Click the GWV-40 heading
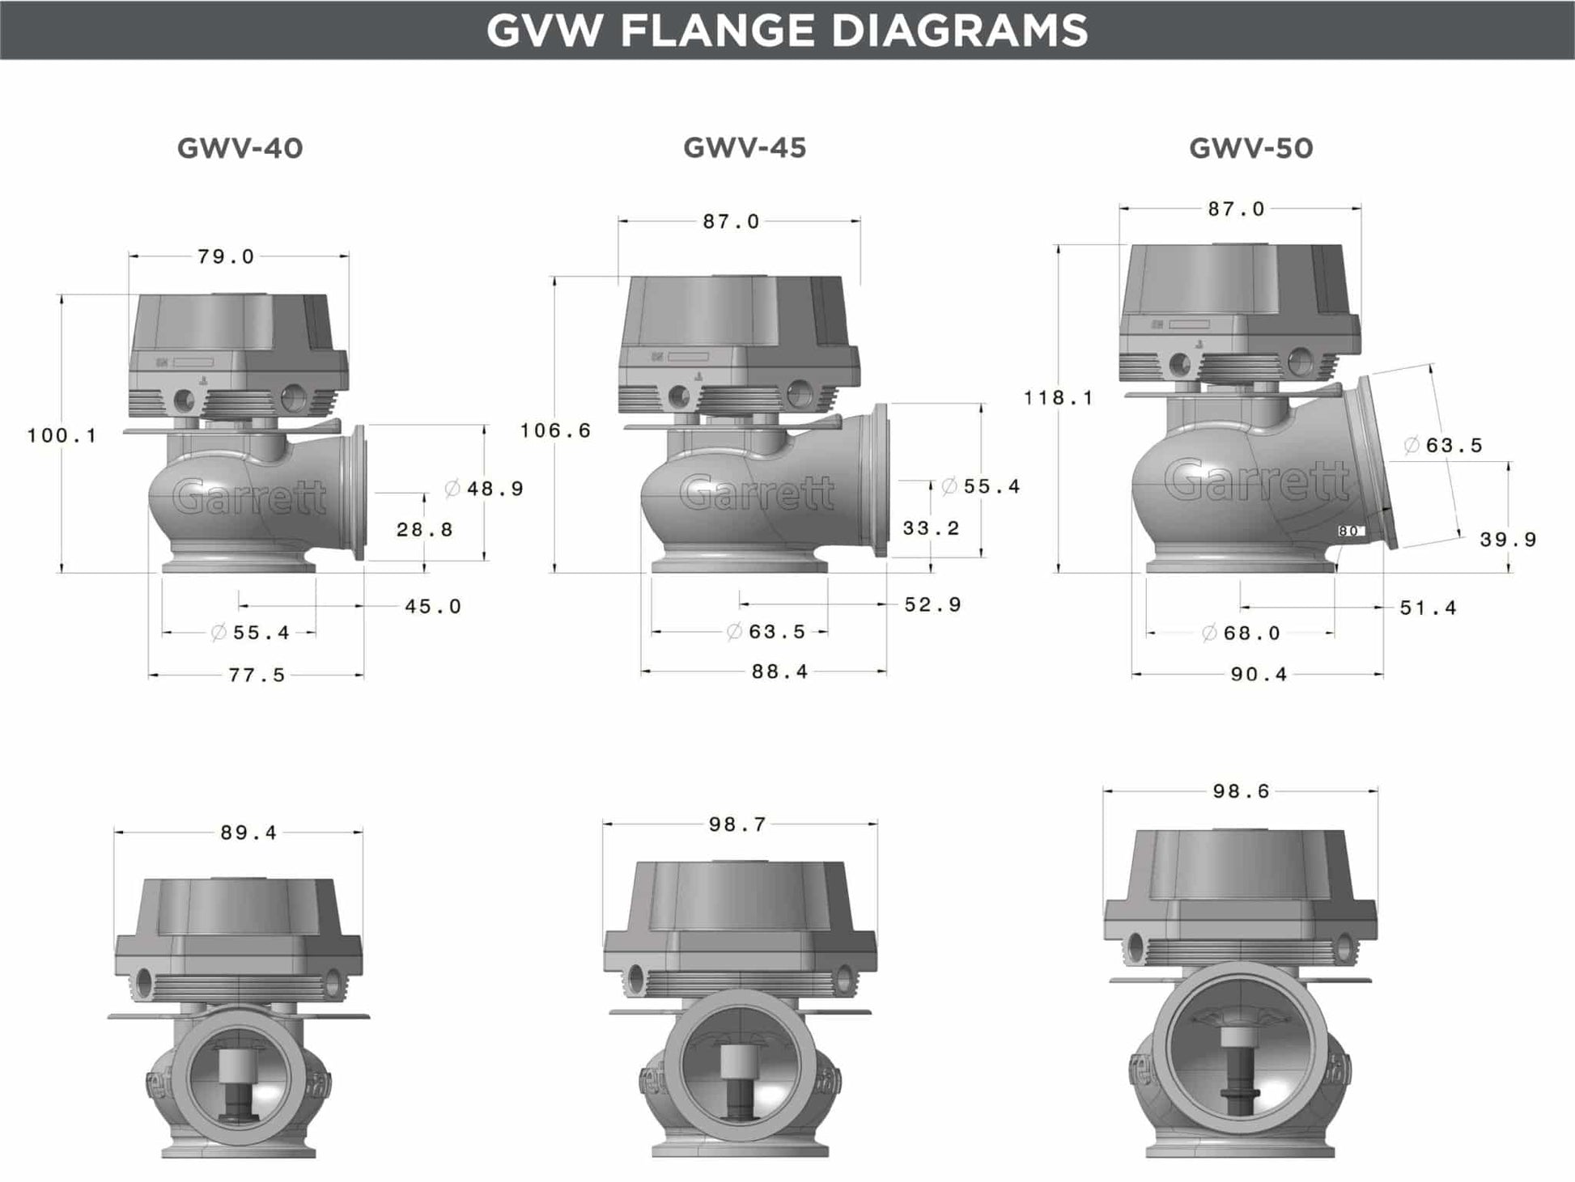pos(240,148)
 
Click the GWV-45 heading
pos(745,147)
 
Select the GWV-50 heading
pos(1250,148)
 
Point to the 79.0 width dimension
pos(226,256)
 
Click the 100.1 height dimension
pos(62,435)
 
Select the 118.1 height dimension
pos(1058,397)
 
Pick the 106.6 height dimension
pos(555,430)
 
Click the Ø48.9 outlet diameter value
pos(485,489)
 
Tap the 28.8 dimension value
pos(424,530)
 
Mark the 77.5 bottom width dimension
pos(257,675)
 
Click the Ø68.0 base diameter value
pos(1242,633)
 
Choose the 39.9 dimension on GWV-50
pos(1508,540)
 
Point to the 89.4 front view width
pos(248,832)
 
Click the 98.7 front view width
pos(737,824)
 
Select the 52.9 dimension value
pos(932,605)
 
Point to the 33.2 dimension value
pos(931,528)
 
